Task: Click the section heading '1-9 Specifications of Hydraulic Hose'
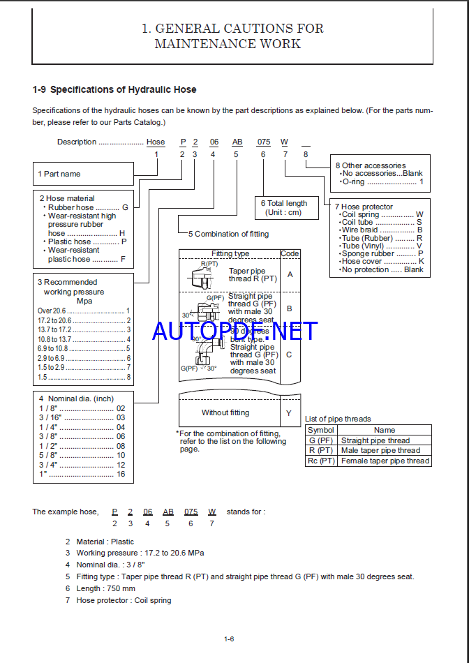(x=114, y=89)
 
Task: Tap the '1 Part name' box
(x=83, y=174)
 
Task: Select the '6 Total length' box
(x=289, y=207)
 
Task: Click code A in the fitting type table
(x=290, y=274)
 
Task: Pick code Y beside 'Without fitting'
(x=290, y=412)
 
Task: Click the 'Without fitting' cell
(x=225, y=412)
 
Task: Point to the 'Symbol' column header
(x=321, y=430)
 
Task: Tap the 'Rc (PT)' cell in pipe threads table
(x=321, y=461)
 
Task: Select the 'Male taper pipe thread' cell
(x=384, y=451)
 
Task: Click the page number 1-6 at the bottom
(x=229, y=639)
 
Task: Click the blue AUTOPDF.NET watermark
(x=234, y=330)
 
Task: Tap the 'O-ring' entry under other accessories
(x=381, y=181)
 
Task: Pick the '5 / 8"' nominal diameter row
(x=82, y=455)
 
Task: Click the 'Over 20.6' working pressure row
(x=84, y=311)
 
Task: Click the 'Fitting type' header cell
(x=230, y=254)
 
